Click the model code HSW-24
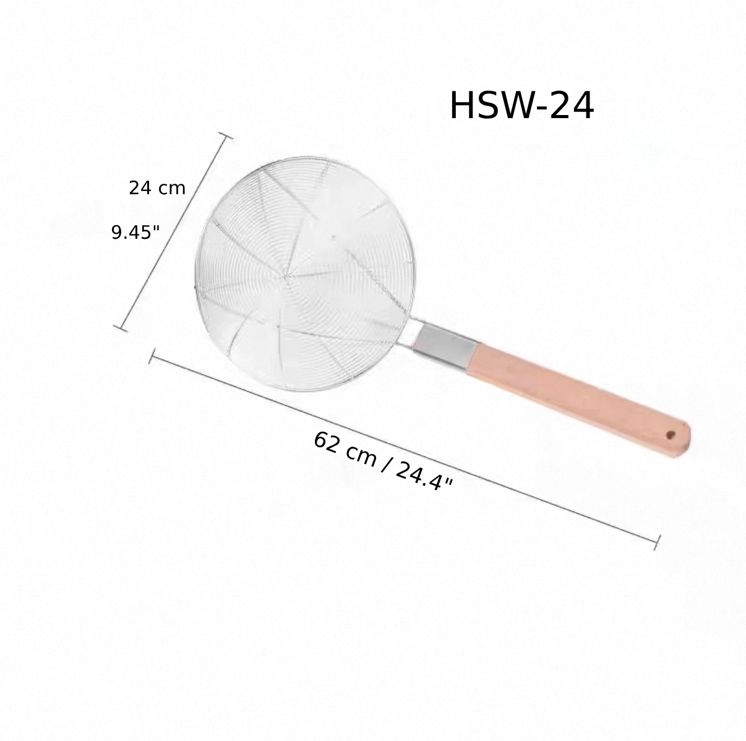(521, 106)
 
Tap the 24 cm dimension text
(156, 188)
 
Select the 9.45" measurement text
(135, 233)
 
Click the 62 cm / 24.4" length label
(383, 461)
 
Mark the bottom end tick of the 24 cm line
(121, 327)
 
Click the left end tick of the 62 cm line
(151, 357)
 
